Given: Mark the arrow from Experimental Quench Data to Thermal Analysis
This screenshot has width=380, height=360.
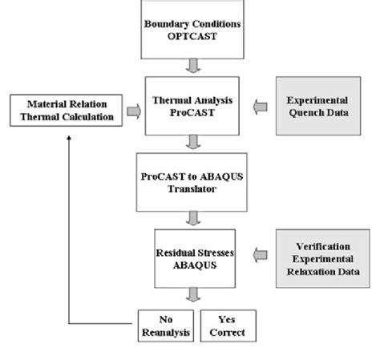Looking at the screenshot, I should coord(258,105).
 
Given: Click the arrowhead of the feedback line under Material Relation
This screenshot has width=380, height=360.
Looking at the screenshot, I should coord(70,139).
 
